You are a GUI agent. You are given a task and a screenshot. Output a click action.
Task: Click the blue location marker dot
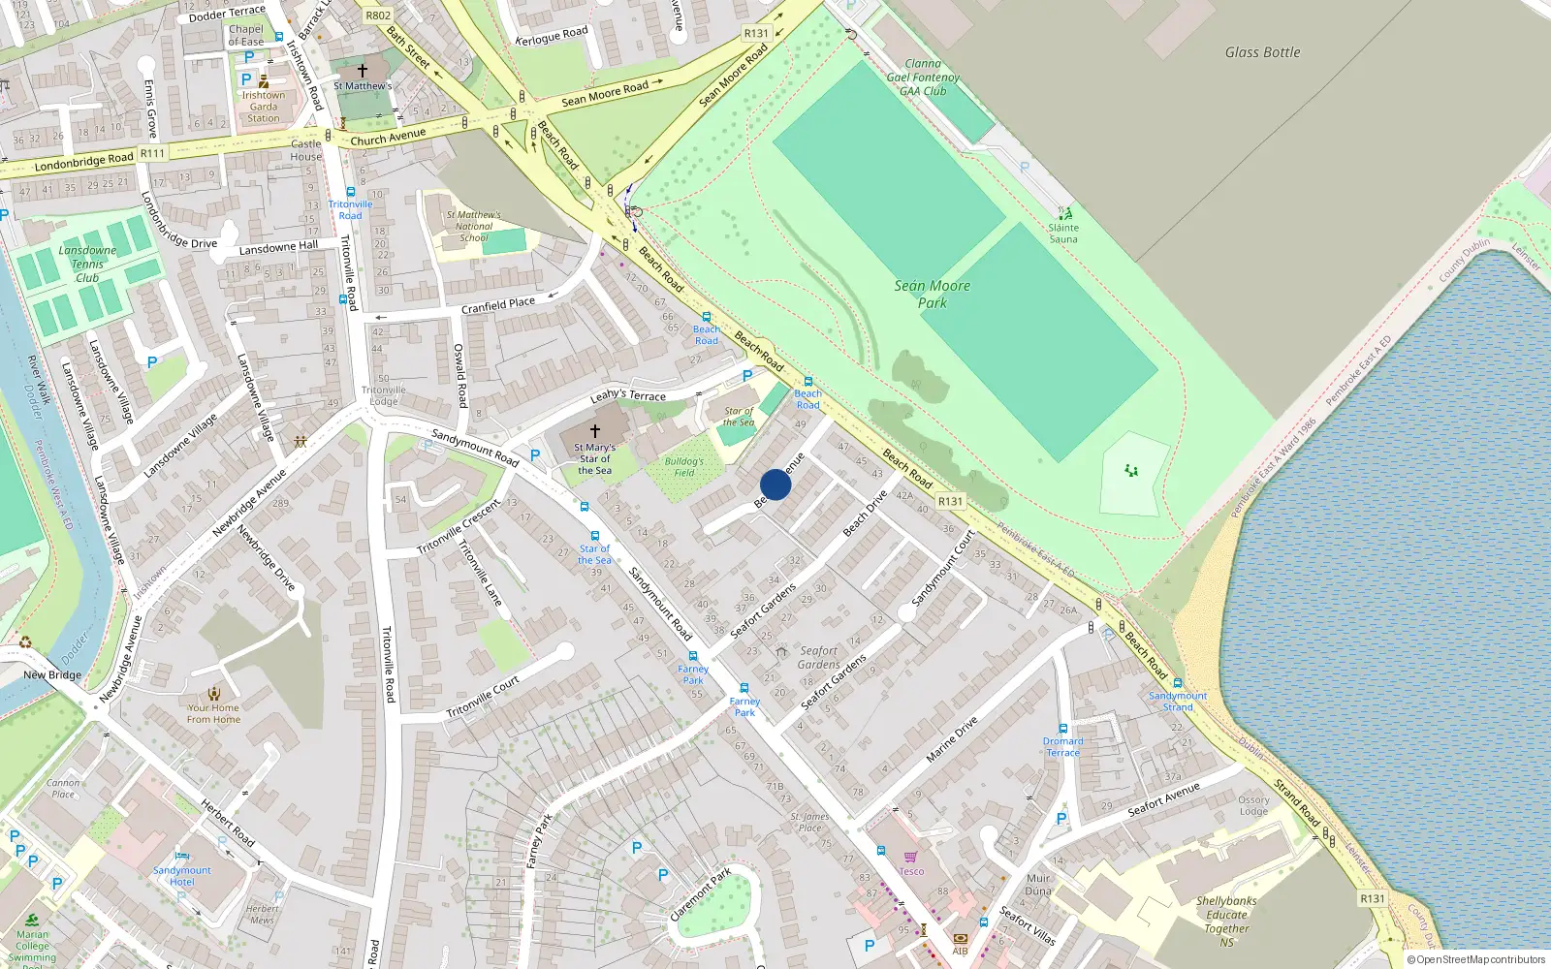(x=775, y=484)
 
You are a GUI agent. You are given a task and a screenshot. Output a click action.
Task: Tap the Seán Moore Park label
(x=932, y=294)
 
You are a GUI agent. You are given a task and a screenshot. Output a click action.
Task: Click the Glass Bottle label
(x=1262, y=52)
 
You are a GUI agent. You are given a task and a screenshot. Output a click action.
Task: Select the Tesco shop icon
(x=910, y=857)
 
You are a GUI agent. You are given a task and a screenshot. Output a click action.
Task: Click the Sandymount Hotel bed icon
(x=182, y=857)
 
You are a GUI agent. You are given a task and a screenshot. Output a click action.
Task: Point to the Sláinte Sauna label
(x=1063, y=234)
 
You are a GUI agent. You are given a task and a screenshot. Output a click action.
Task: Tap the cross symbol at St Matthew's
(x=363, y=71)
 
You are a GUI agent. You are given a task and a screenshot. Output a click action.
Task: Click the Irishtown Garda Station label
(x=264, y=107)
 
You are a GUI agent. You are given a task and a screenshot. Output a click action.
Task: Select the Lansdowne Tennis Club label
(x=87, y=264)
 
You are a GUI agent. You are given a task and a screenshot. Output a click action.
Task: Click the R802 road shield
(x=378, y=16)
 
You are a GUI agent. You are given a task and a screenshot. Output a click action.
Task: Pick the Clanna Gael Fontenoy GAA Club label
(x=923, y=78)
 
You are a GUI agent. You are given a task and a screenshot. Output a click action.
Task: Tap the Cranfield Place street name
(x=498, y=305)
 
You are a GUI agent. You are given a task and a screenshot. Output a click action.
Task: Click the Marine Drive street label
(x=952, y=739)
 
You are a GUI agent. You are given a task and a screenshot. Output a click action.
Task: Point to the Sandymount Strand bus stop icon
(x=1178, y=683)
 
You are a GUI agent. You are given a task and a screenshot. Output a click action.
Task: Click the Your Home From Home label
(x=213, y=713)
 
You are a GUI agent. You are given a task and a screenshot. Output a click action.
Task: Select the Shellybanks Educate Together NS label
(x=1226, y=921)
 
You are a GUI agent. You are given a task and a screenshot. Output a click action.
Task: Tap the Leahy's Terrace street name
(x=628, y=394)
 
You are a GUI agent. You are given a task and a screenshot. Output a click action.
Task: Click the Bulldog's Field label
(x=684, y=467)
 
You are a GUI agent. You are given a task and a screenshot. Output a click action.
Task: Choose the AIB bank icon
(x=960, y=938)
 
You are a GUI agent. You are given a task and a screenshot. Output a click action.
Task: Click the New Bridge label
(x=52, y=674)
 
